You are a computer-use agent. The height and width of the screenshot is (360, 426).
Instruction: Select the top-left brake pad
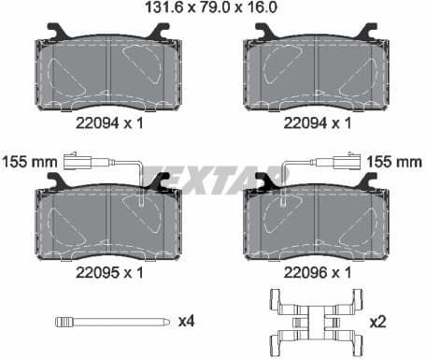109,73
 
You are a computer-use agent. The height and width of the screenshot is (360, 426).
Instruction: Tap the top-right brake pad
316,73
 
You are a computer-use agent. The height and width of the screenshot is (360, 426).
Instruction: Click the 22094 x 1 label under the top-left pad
109,122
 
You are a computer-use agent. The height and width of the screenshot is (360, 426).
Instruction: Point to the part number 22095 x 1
109,272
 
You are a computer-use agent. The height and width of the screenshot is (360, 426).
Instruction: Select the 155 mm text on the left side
26,162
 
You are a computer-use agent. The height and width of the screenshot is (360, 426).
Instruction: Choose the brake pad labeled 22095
109,223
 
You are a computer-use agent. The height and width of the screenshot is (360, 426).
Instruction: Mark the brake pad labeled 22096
316,223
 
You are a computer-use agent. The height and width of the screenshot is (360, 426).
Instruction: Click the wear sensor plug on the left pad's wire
75,159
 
